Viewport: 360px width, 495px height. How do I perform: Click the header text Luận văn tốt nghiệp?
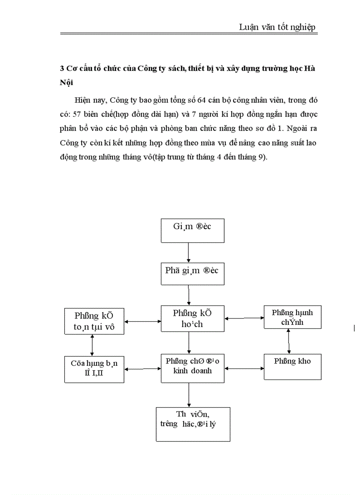pos(277,27)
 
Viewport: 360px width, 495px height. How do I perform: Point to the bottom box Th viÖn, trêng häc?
pos(193,424)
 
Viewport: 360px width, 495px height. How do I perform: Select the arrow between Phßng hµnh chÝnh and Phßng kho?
pos(289,341)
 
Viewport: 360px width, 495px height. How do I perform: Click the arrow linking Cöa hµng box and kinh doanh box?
pos(142,367)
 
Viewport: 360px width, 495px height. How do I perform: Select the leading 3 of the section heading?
pos(62,69)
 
